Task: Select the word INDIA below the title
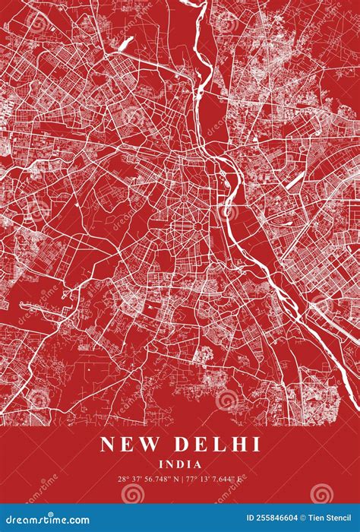[180, 464]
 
